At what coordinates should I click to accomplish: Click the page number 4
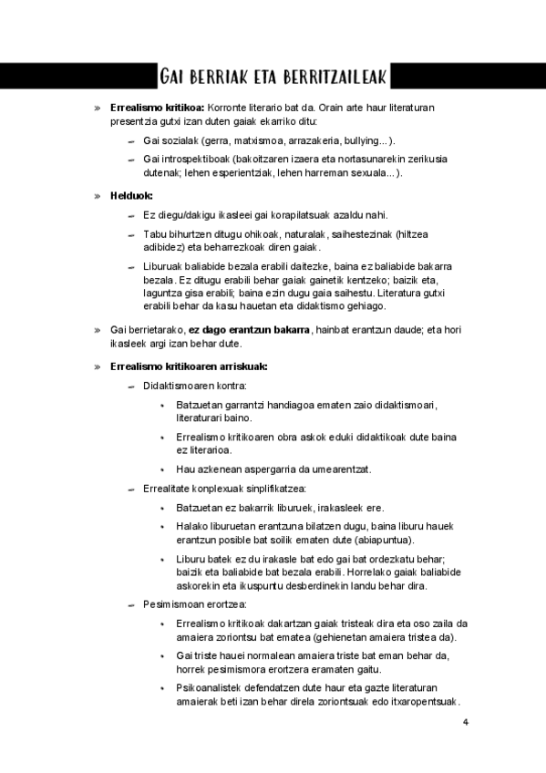pyautogui.click(x=465, y=724)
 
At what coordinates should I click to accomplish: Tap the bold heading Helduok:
pyautogui.click(x=131, y=195)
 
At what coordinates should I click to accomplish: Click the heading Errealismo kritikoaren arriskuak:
pyautogui.click(x=188, y=366)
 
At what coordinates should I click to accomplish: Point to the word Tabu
pyautogui.click(x=153, y=234)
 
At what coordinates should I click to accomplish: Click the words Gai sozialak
pyautogui.click(x=167, y=141)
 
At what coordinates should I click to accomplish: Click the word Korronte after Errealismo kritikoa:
pyautogui.click(x=229, y=108)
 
